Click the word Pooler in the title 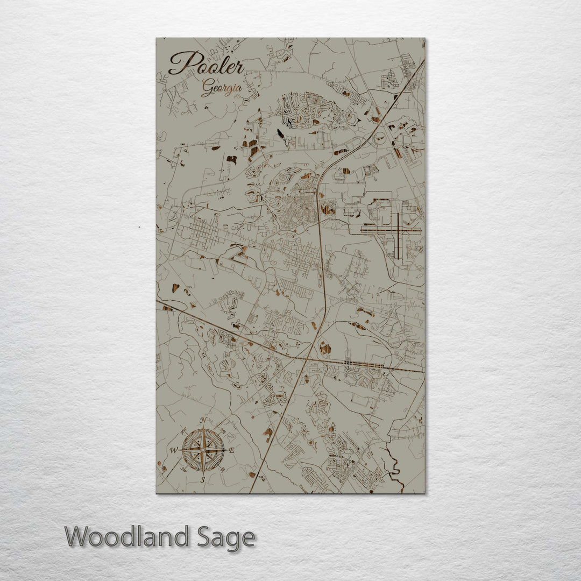(x=207, y=64)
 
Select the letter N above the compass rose (x=203, y=421)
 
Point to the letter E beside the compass (x=231, y=450)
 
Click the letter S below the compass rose (x=203, y=479)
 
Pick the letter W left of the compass (x=174, y=450)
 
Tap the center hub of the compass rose (x=203, y=450)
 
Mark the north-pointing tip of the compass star (x=203, y=429)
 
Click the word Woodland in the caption (x=127, y=537)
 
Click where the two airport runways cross (x=399, y=230)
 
